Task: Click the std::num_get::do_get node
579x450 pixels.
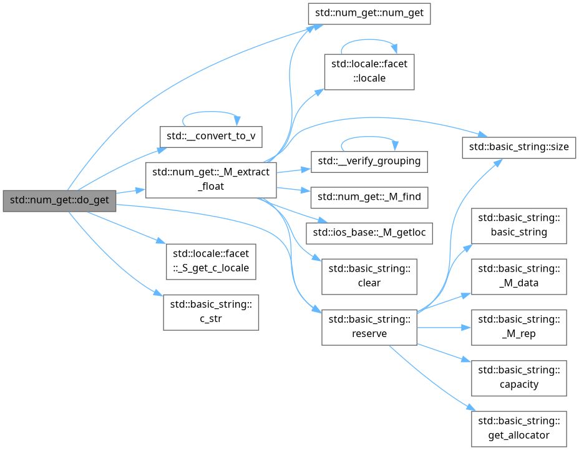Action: (59, 200)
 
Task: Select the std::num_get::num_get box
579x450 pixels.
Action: (369, 14)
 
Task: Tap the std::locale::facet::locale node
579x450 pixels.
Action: (369, 71)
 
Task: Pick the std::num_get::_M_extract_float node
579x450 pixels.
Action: (211, 180)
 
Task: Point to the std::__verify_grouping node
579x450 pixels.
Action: (369, 162)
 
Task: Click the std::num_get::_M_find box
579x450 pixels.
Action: (369, 197)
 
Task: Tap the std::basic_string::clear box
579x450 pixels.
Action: (369, 276)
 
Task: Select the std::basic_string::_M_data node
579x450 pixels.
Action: (519, 276)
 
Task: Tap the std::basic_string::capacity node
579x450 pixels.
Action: (519, 378)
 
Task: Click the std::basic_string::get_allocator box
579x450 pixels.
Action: (519, 428)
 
